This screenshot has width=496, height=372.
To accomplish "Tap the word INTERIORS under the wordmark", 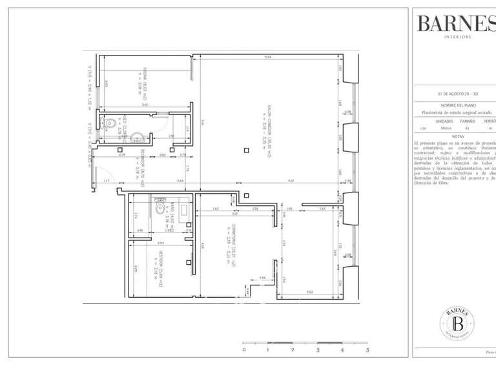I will (458, 37).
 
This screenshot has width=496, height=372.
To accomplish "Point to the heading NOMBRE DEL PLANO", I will (458, 105).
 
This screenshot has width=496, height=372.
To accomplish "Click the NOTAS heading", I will (458, 136).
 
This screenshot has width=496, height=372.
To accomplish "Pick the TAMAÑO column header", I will (468, 121).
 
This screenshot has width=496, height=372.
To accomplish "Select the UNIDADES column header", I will (444, 121).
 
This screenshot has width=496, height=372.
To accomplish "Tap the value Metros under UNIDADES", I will (444, 129).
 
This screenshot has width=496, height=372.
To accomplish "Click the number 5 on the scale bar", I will (367, 350).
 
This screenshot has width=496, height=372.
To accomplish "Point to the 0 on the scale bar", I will (243, 350).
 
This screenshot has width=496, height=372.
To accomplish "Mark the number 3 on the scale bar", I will (318, 350).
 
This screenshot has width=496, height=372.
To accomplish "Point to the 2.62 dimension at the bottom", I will (309, 293).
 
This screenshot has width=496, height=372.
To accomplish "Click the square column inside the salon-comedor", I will (245, 150).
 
